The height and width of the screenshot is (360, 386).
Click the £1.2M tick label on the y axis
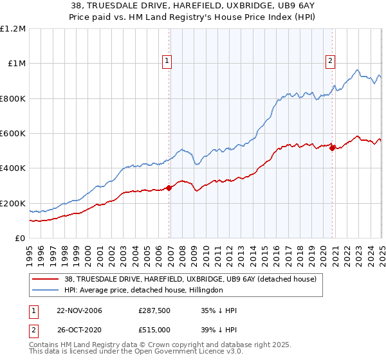pyautogui.click(x=13, y=29)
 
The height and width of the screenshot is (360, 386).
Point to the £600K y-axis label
pyautogui.click(x=13, y=134)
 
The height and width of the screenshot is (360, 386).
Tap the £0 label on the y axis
pyautogui.click(x=21, y=239)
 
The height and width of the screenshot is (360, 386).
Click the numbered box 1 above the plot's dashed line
pyautogui.click(x=167, y=61)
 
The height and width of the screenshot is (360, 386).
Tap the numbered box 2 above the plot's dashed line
pyautogui.click(x=330, y=61)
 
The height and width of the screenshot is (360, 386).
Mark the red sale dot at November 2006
pyautogui.click(x=169, y=188)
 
